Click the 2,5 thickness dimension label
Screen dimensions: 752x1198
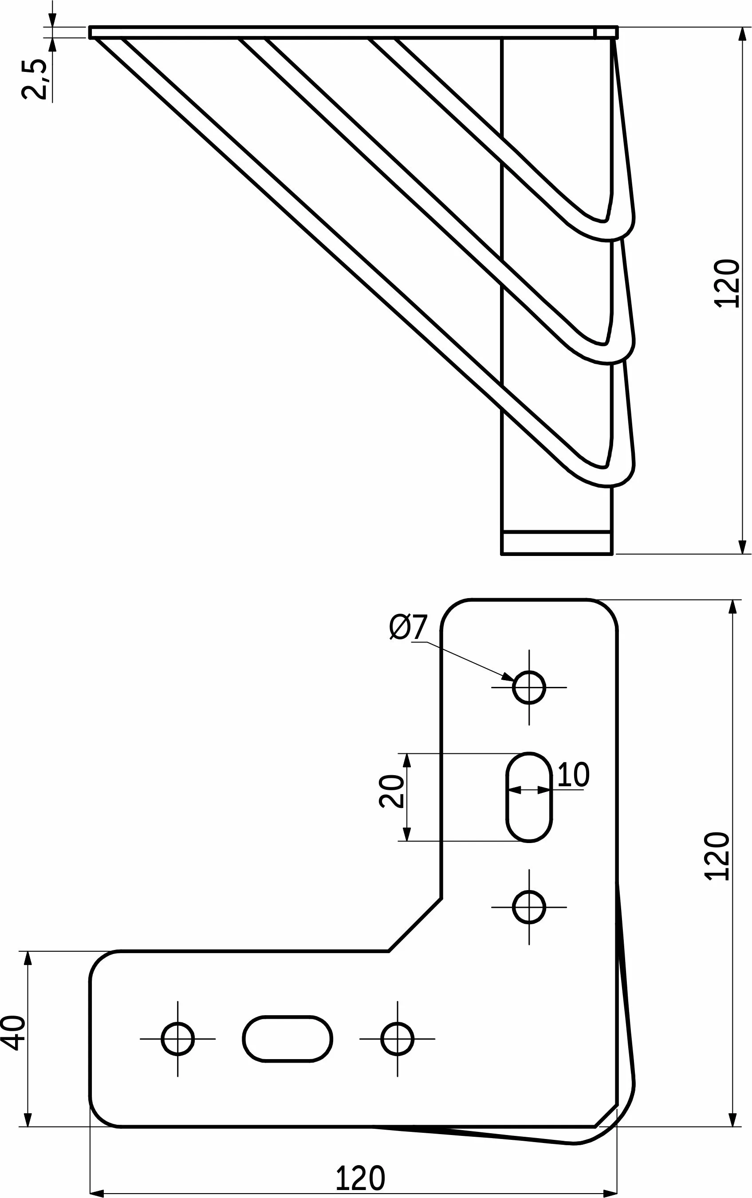click(34, 79)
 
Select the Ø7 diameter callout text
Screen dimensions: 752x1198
click(408, 627)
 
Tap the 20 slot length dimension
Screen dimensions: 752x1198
click(391, 791)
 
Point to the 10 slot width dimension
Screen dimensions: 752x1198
click(573, 774)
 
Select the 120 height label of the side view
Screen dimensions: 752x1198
click(727, 284)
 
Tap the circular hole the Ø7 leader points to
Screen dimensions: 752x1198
click(529, 687)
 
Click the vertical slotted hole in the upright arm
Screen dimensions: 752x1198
click(529, 797)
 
